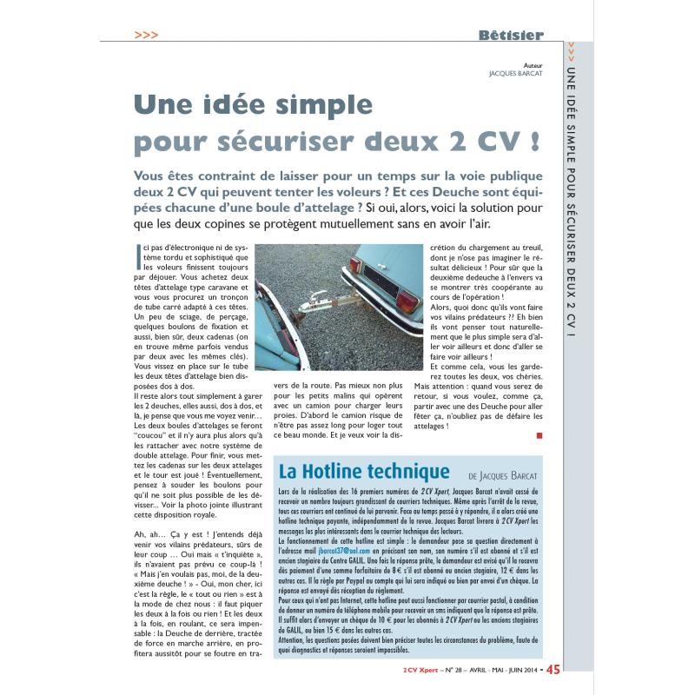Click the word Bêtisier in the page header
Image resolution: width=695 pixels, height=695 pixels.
[511, 36]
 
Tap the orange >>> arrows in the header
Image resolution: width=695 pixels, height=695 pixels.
[147, 36]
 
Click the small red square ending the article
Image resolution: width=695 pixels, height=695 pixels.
[539, 434]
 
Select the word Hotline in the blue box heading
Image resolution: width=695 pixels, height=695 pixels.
[341, 472]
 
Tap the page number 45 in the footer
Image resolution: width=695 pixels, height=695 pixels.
[553, 670]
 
